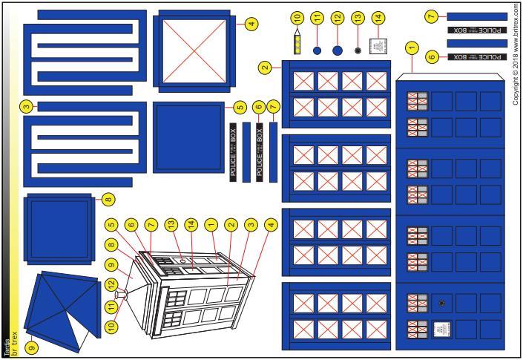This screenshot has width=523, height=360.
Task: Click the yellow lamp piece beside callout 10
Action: [298, 47]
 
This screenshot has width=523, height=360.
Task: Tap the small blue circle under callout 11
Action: [317, 50]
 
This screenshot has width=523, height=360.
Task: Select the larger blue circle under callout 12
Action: [338, 50]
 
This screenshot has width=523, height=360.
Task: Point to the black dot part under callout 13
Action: [358, 50]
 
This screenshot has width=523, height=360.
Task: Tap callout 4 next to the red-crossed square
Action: [252, 24]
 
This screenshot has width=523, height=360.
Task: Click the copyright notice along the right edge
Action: [516, 54]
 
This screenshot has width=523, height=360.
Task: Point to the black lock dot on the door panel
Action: [442, 304]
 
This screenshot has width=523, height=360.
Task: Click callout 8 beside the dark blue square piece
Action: [108, 198]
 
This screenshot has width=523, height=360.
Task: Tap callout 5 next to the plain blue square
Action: [239, 106]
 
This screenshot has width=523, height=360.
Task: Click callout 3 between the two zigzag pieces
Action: [26, 106]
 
